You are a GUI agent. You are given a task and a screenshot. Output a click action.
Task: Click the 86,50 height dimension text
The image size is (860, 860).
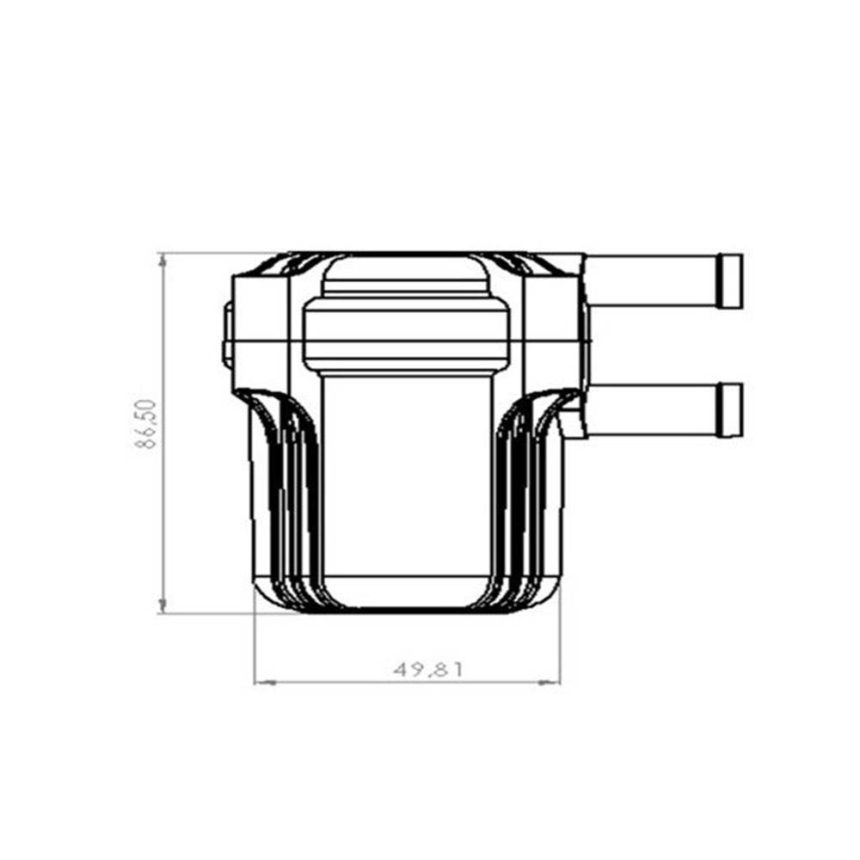point(146,425)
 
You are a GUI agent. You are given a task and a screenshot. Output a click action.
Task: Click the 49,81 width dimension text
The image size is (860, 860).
point(428,670)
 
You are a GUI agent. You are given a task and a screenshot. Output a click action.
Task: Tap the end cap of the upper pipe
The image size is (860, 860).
point(730,282)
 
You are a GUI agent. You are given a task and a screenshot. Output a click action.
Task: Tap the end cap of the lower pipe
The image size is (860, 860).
point(730,410)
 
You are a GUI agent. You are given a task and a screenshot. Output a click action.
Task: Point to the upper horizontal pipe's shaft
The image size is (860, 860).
point(652,281)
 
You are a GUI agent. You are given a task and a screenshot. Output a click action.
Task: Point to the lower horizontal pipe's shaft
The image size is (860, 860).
point(653,409)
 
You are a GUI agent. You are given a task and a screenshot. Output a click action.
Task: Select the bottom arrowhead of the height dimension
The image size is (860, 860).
point(163,605)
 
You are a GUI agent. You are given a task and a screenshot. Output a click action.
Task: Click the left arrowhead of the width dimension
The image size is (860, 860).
point(265,683)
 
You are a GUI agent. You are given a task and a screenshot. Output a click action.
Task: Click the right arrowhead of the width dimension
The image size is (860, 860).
point(550,683)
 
